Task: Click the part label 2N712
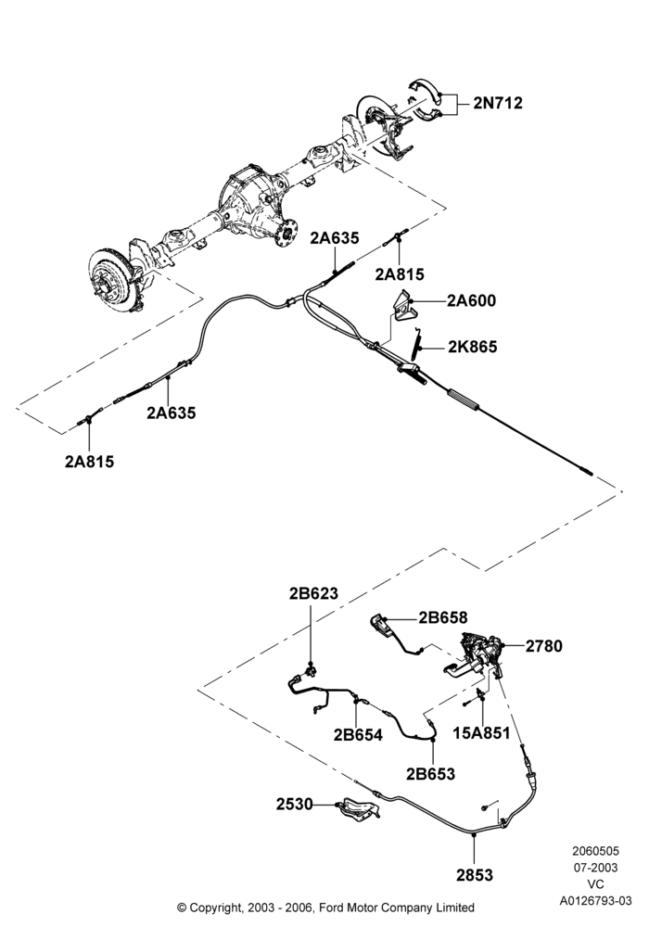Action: tap(498, 103)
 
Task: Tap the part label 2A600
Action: tap(471, 301)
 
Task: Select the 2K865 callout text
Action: tap(472, 347)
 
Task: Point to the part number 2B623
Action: tap(313, 593)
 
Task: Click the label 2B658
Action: tap(443, 617)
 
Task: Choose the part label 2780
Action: tap(544, 646)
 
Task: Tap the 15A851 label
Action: tap(481, 733)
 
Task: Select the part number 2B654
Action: tap(358, 735)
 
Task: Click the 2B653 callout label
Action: tap(430, 773)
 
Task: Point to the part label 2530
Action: tap(294, 804)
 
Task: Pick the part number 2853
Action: tap(474, 874)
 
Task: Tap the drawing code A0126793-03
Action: tap(596, 901)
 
